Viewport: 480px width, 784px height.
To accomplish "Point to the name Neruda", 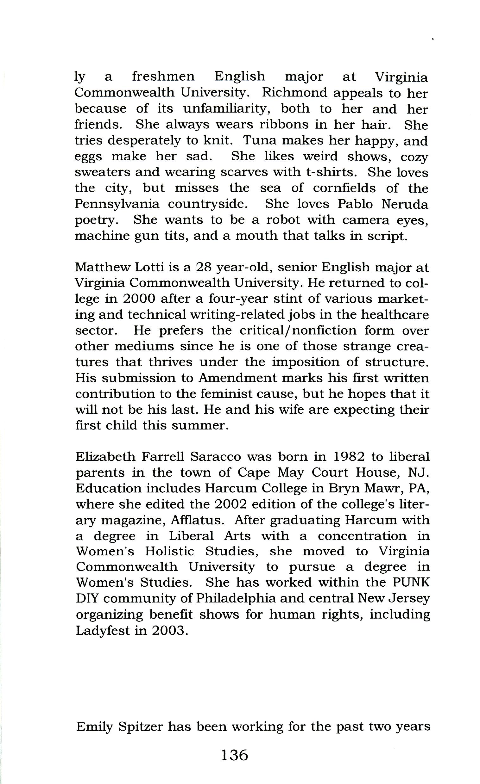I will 405,204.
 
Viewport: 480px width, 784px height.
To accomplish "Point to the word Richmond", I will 290,93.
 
